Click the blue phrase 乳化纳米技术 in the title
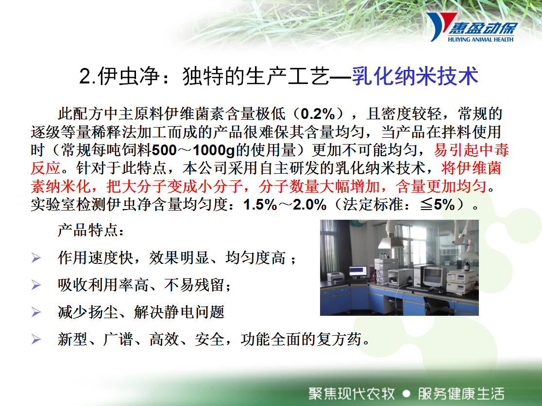pyautogui.click(x=415, y=76)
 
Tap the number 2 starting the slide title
pyautogui.click(x=85, y=76)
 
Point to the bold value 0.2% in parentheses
pyautogui.click(x=318, y=114)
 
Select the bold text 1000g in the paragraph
pyautogui.click(x=214, y=150)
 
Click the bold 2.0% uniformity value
pyautogui.click(x=309, y=205)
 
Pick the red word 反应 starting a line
pyautogui.click(x=45, y=168)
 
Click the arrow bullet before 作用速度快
pyautogui.click(x=36, y=258)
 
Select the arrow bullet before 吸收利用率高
pyautogui.click(x=36, y=285)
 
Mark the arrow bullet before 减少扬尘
pyautogui.click(x=36, y=312)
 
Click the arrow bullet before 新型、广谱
pyautogui.click(x=36, y=340)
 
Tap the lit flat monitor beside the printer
pyautogui.click(x=358, y=271)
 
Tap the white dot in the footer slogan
pyautogui.click(x=406, y=393)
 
